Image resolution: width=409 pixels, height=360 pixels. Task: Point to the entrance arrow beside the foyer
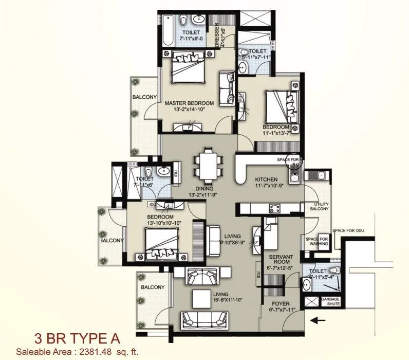[319, 320]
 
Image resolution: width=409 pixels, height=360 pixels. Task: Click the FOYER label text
[280, 303]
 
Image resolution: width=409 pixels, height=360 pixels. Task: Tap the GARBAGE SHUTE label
[330, 301]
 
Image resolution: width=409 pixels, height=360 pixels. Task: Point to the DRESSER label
[217, 34]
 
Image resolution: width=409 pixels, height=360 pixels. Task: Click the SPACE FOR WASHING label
[317, 242]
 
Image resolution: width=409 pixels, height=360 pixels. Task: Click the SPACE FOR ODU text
[348, 230]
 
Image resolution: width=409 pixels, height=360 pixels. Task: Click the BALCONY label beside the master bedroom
[144, 97]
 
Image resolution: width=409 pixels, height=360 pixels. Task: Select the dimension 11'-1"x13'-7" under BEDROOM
[276, 133]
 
